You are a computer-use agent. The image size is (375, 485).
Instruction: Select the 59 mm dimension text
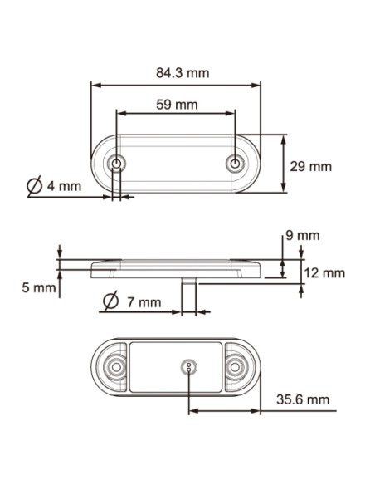[x=177, y=104]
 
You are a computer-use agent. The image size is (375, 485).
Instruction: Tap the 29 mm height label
[x=310, y=166]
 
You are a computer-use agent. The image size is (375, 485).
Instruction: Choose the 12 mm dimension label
[x=323, y=272]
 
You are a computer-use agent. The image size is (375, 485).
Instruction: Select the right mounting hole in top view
[x=236, y=163]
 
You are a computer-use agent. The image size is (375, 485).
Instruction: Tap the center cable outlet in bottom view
[x=189, y=367]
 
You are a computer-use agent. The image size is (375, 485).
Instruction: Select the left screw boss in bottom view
[x=115, y=366]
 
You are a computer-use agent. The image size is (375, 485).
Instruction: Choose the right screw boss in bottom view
[x=238, y=366]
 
